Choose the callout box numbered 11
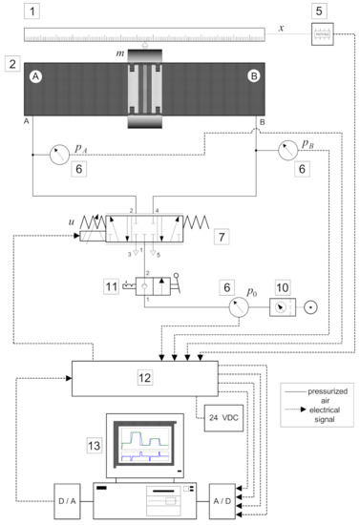point(114,284)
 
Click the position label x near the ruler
point(281,29)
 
